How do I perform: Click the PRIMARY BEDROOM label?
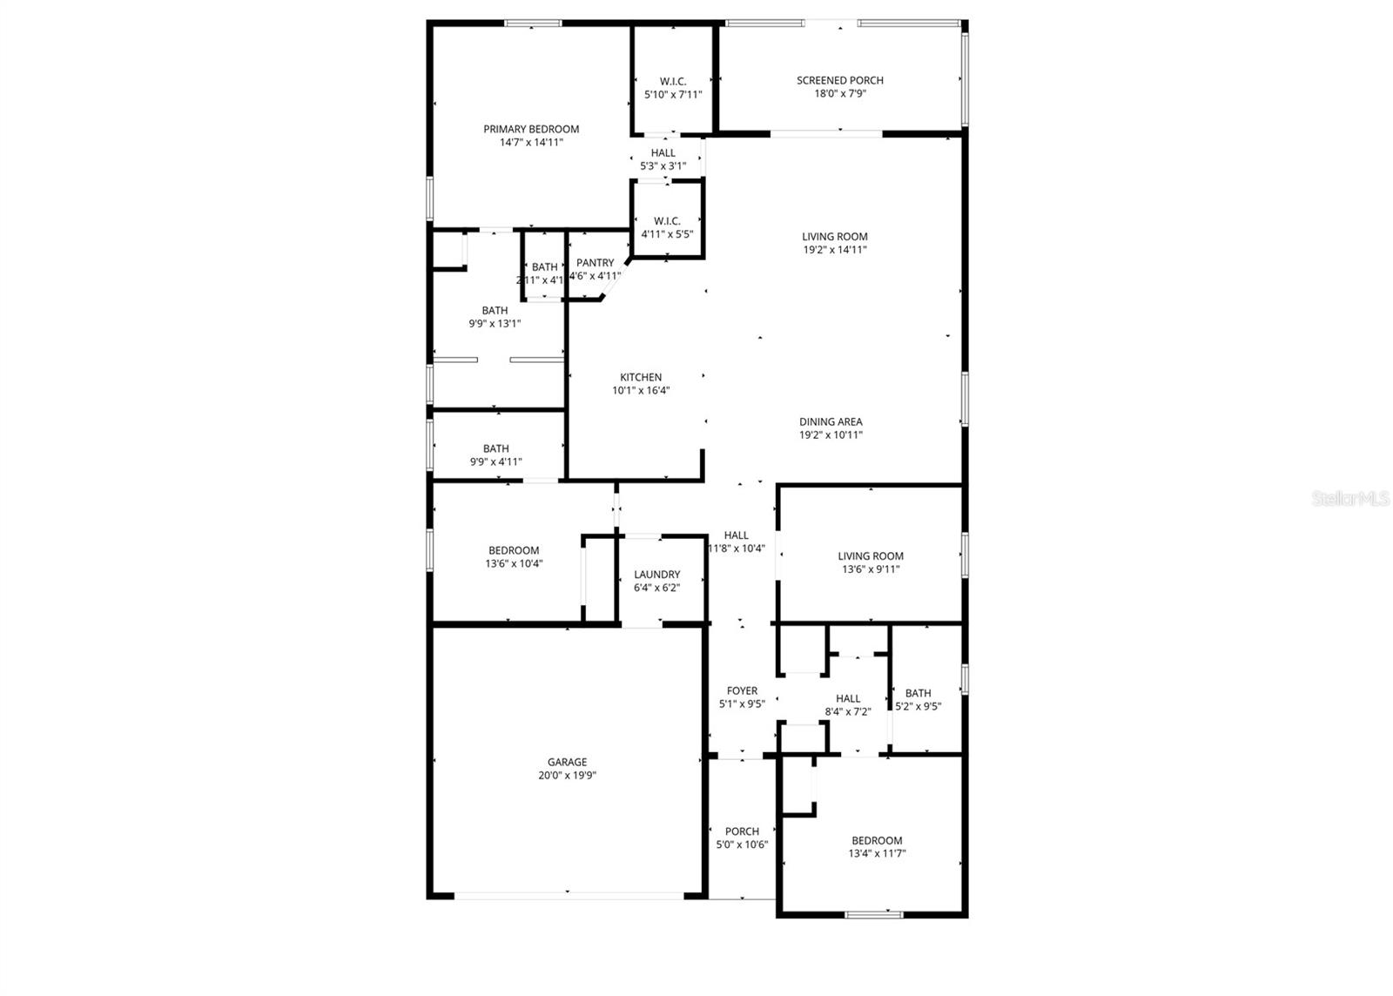[x=531, y=129]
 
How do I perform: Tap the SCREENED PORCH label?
[x=839, y=80]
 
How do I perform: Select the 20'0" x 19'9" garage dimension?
[x=567, y=775]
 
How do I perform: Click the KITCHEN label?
[x=641, y=377]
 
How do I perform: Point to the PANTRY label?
[x=596, y=263]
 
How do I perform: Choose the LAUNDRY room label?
[x=656, y=575]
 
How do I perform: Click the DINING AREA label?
[x=831, y=421]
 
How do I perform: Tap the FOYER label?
[x=742, y=690]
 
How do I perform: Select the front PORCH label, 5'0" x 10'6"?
[x=742, y=831]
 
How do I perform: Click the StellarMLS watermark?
[x=1350, y=499]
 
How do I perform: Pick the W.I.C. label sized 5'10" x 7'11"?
[x=672, y=82]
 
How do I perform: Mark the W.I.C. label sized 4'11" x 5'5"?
[x=667, y=221]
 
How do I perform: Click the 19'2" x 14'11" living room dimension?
[x=834, y=250]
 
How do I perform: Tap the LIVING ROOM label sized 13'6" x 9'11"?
[x=871, y=556]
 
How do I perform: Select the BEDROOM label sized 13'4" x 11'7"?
[x=876, y=840]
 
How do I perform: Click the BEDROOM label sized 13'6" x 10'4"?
[x=514, y=550]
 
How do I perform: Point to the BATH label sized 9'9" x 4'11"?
[x=495, y=449]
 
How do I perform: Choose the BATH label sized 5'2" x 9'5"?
[x=918, y=694]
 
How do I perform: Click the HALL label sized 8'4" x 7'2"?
[x=847, y=698]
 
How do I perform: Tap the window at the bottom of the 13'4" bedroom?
[x=874, y=914]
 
